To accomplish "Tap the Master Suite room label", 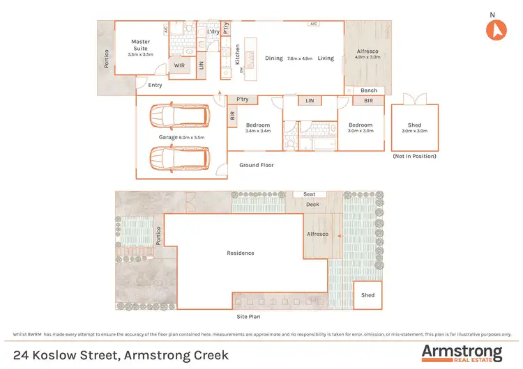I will [141, 45].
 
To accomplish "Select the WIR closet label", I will [179, 65].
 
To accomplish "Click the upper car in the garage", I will [179, 116].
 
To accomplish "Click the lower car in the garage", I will [179, 158].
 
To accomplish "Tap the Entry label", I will [154, 85].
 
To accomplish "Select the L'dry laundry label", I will [213, 31].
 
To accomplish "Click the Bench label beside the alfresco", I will [368, 91].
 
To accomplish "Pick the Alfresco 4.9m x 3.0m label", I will [367, 54].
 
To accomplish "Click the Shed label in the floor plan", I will [415, 125].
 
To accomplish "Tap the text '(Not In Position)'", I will [415, 156].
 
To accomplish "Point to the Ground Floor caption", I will [257, 165].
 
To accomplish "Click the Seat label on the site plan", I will [309, 194].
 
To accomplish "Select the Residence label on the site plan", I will [241, 253].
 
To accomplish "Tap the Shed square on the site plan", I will [367, 295].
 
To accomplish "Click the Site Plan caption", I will [249, 315].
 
